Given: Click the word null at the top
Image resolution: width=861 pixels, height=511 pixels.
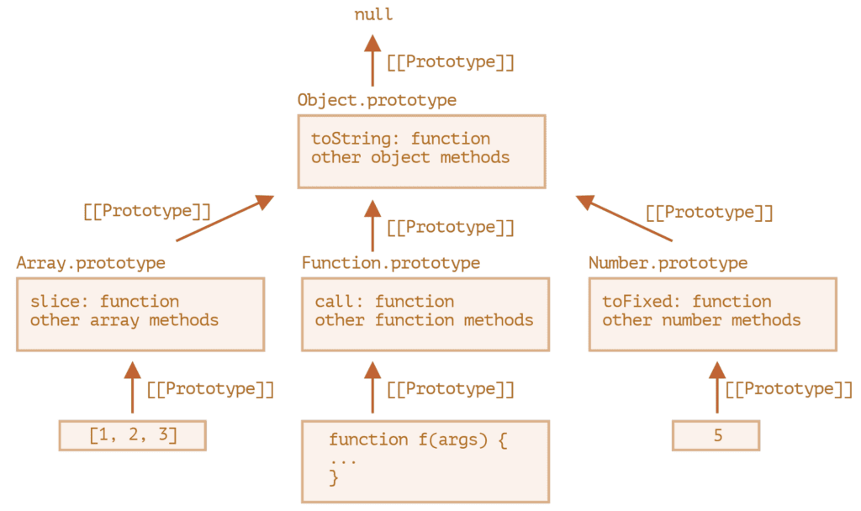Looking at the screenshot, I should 372,15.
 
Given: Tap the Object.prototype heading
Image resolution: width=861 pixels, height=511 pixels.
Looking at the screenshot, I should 377,101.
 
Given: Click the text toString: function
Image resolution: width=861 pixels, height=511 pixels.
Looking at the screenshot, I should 400,139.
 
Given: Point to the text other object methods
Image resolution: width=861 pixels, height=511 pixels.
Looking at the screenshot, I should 410,157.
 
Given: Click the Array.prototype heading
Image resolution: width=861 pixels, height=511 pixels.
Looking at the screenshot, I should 91,263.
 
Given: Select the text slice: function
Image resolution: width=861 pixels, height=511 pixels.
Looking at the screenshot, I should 104,302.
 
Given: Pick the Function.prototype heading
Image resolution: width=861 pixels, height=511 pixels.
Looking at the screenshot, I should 391,263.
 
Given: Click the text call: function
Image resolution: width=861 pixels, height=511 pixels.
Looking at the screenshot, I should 384,302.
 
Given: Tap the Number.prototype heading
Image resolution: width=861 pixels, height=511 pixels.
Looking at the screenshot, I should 668,263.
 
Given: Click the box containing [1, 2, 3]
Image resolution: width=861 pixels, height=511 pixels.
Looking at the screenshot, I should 132,436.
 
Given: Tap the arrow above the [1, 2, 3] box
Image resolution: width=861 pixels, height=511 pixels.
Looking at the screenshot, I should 132,387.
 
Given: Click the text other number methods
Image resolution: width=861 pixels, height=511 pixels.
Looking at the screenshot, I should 701,320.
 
